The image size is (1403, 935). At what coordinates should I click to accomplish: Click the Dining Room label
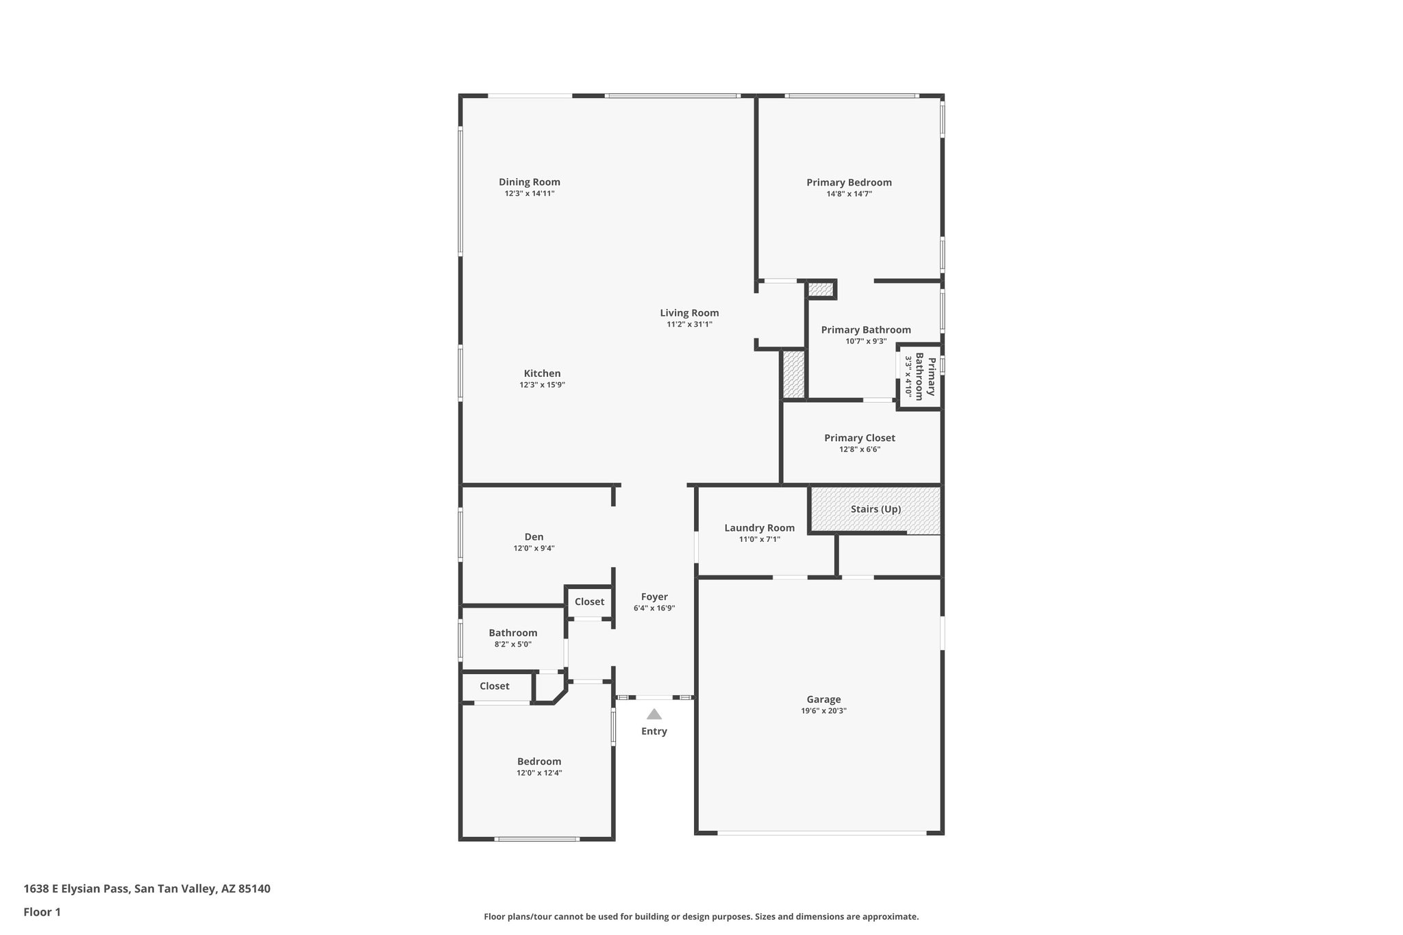(529, 182)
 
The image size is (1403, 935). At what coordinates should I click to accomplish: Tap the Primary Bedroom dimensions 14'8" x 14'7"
(849, 194)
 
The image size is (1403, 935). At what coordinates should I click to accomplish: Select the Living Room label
(689, 313)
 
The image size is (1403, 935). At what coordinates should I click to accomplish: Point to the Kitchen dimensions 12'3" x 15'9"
(542, 385)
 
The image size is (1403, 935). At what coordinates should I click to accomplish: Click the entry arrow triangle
(654, 714)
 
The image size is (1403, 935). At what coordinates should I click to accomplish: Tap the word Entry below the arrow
(654, 732)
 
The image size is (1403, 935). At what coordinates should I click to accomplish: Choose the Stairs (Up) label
(876, 509)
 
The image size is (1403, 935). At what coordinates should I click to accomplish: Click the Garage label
(823, 699)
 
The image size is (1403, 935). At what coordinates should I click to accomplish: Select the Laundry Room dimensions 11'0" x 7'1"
(759, 539)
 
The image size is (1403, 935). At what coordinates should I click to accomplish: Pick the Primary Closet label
(859, 438)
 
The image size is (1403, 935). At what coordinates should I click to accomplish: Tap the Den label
(534, 537)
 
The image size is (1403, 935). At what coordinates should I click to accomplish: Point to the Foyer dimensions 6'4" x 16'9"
(654, 608)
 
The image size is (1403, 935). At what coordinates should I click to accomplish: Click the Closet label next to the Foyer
(589, 601)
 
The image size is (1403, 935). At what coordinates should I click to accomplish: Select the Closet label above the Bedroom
(494, 686)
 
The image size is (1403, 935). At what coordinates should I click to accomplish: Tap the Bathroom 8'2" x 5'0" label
(512, 638)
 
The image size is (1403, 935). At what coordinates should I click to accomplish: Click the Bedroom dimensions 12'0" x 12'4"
(539, 773)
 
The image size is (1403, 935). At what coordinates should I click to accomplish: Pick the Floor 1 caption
(42, 912)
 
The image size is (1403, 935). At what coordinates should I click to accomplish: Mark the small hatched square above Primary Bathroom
(820, 290)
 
